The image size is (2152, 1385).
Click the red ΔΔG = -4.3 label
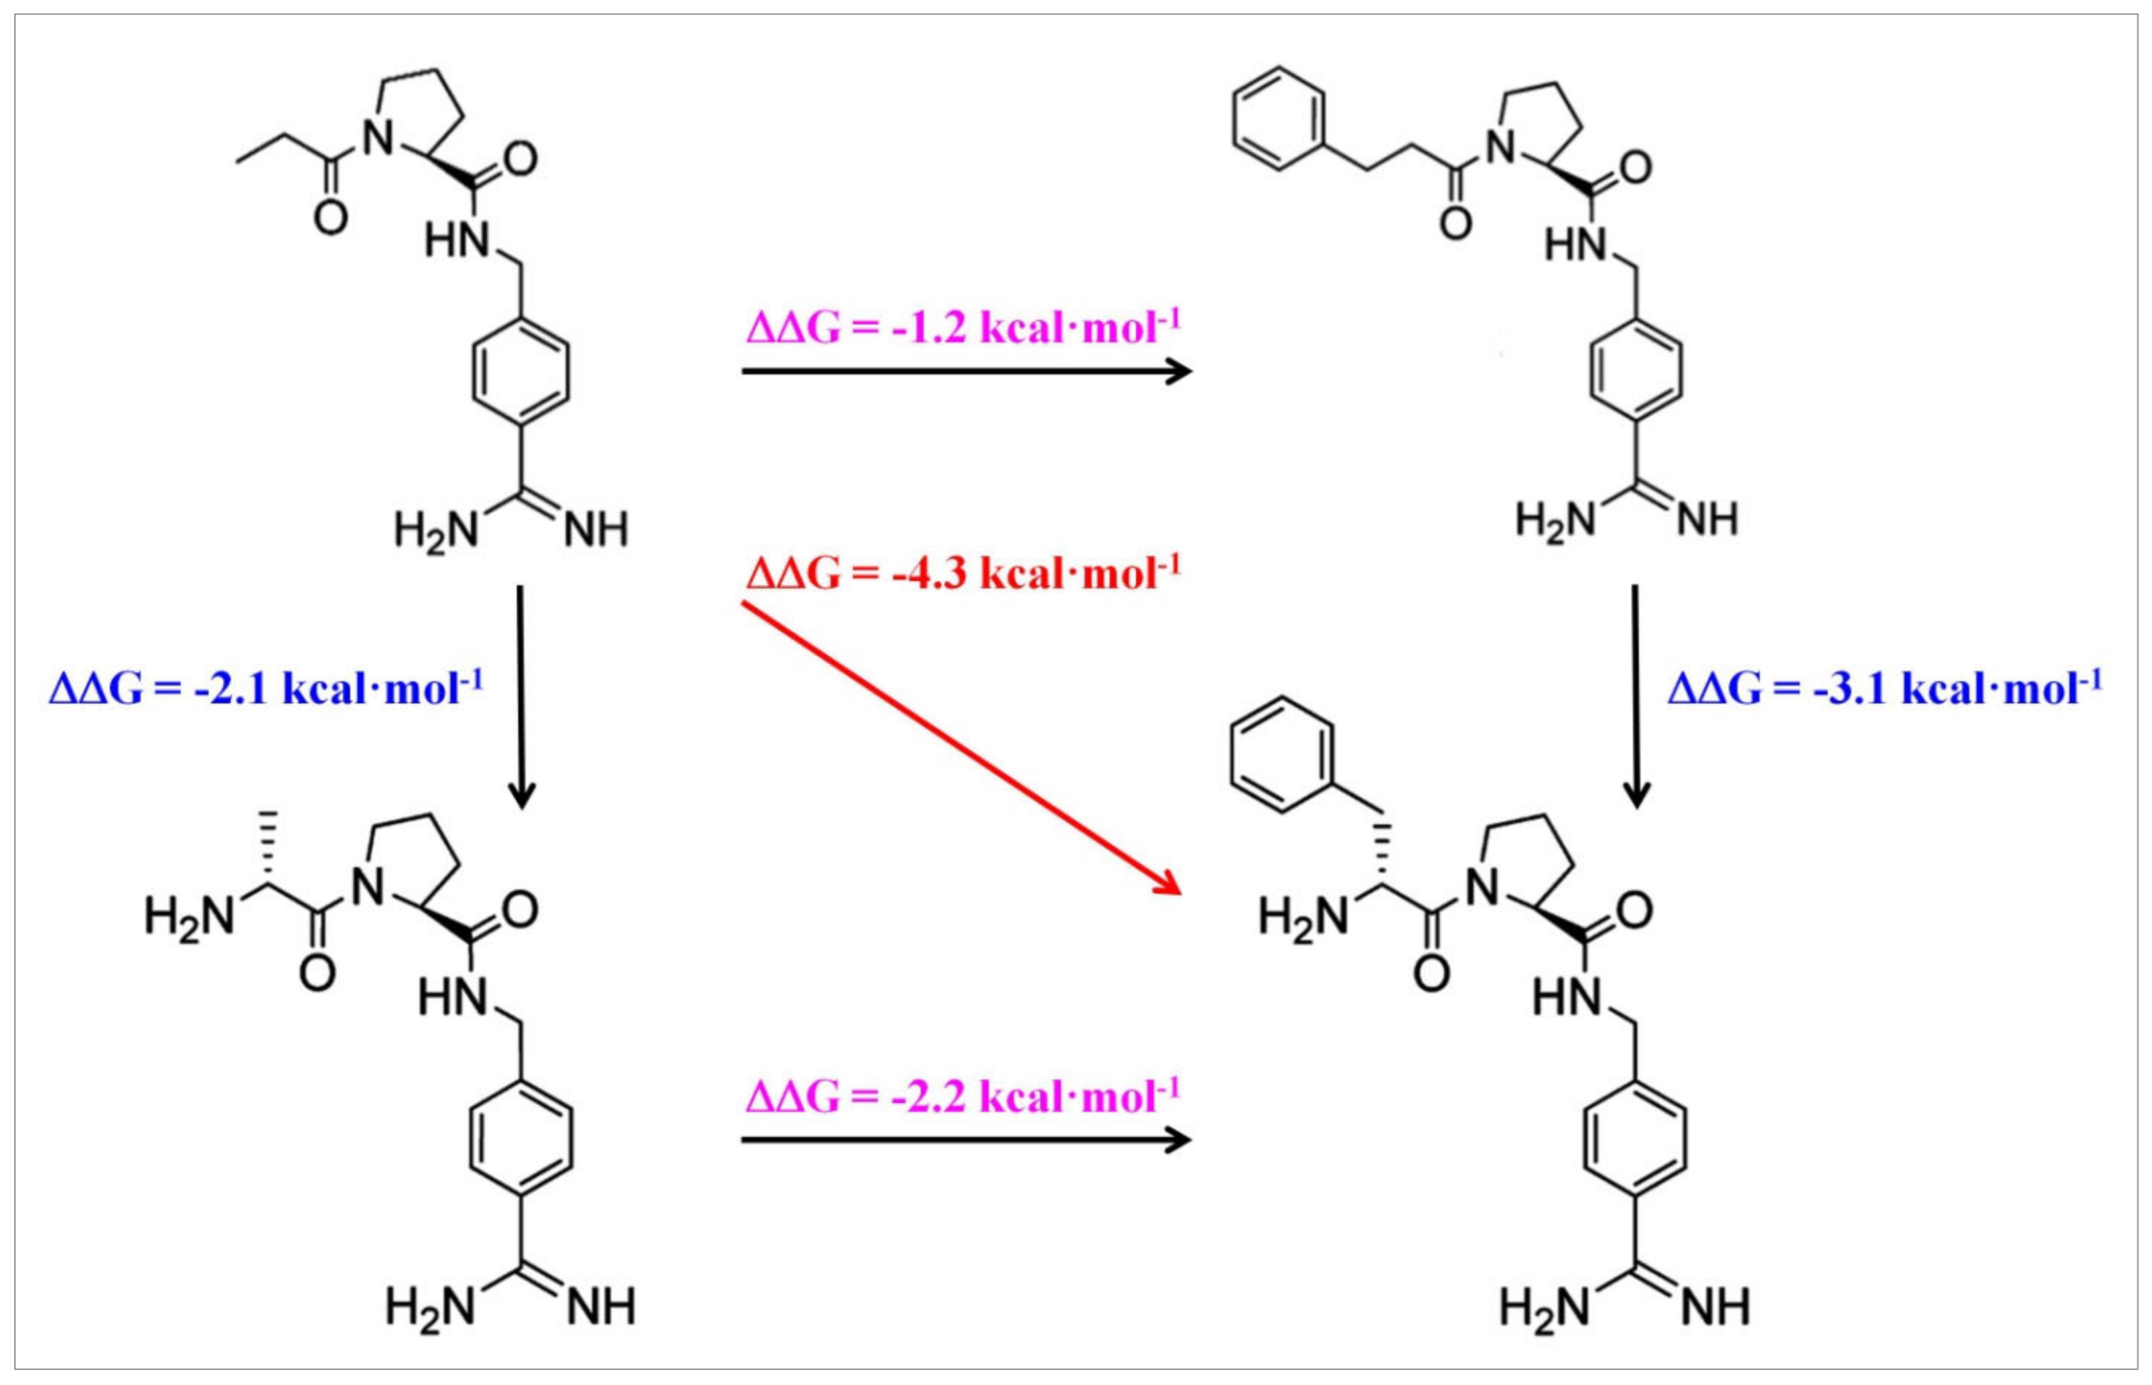(x=963, y=573)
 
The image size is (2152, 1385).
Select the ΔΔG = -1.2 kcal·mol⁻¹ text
(x=963, y=328)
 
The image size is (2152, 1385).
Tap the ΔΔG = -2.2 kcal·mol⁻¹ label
(x=963, y=1096)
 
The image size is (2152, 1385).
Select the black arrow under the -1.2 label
(x=965, y=370)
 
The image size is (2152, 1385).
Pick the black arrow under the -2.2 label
(x=965, y=1140)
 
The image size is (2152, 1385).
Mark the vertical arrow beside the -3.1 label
(x=1635, y=697)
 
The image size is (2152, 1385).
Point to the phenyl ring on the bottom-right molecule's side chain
(x=1276, y=760)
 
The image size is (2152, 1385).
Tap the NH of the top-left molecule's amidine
(x=596, y=531)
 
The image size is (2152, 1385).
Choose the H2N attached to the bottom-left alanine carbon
(x=188, y=917)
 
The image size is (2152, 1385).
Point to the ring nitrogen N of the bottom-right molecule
(x=1483, y=889)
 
